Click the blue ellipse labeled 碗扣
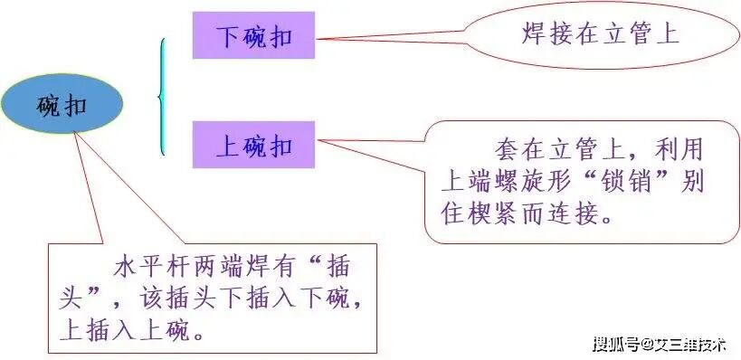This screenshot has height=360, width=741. pos(62,104)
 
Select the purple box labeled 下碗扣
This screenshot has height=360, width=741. pos(253,36)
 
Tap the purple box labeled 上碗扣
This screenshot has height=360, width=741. pos(253,145)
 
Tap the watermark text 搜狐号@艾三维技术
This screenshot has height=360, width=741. pos(660,344)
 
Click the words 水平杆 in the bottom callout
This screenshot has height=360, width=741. pos(151,269)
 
